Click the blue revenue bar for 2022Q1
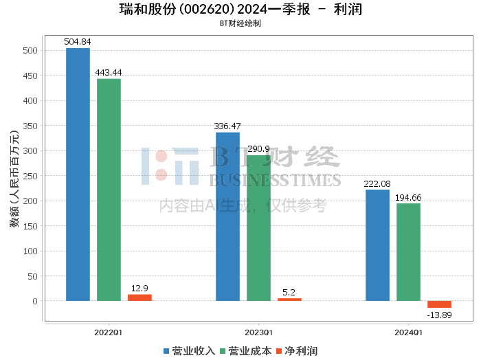(x=78, y=175)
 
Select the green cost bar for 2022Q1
(x=109, y=190)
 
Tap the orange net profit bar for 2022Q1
(x=139, y=297)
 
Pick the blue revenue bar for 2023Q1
(x=227, y=216)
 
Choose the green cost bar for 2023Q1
(x=258, y=228)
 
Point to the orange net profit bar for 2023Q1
(x=289, y=300)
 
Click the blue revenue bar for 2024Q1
(x=377, y=245)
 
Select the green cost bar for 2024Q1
(x=408, y=252)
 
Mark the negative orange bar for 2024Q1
(x=439, y=304)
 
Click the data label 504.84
(x=78, y=42)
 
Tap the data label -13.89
(x=439, y=314)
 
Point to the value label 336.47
(x=227, y=126)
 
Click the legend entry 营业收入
(x=189, y=351)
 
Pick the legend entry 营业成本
(x=245, y=351)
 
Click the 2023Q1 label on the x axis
(x=258, y=332)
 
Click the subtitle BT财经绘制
(x=240, y=23)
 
